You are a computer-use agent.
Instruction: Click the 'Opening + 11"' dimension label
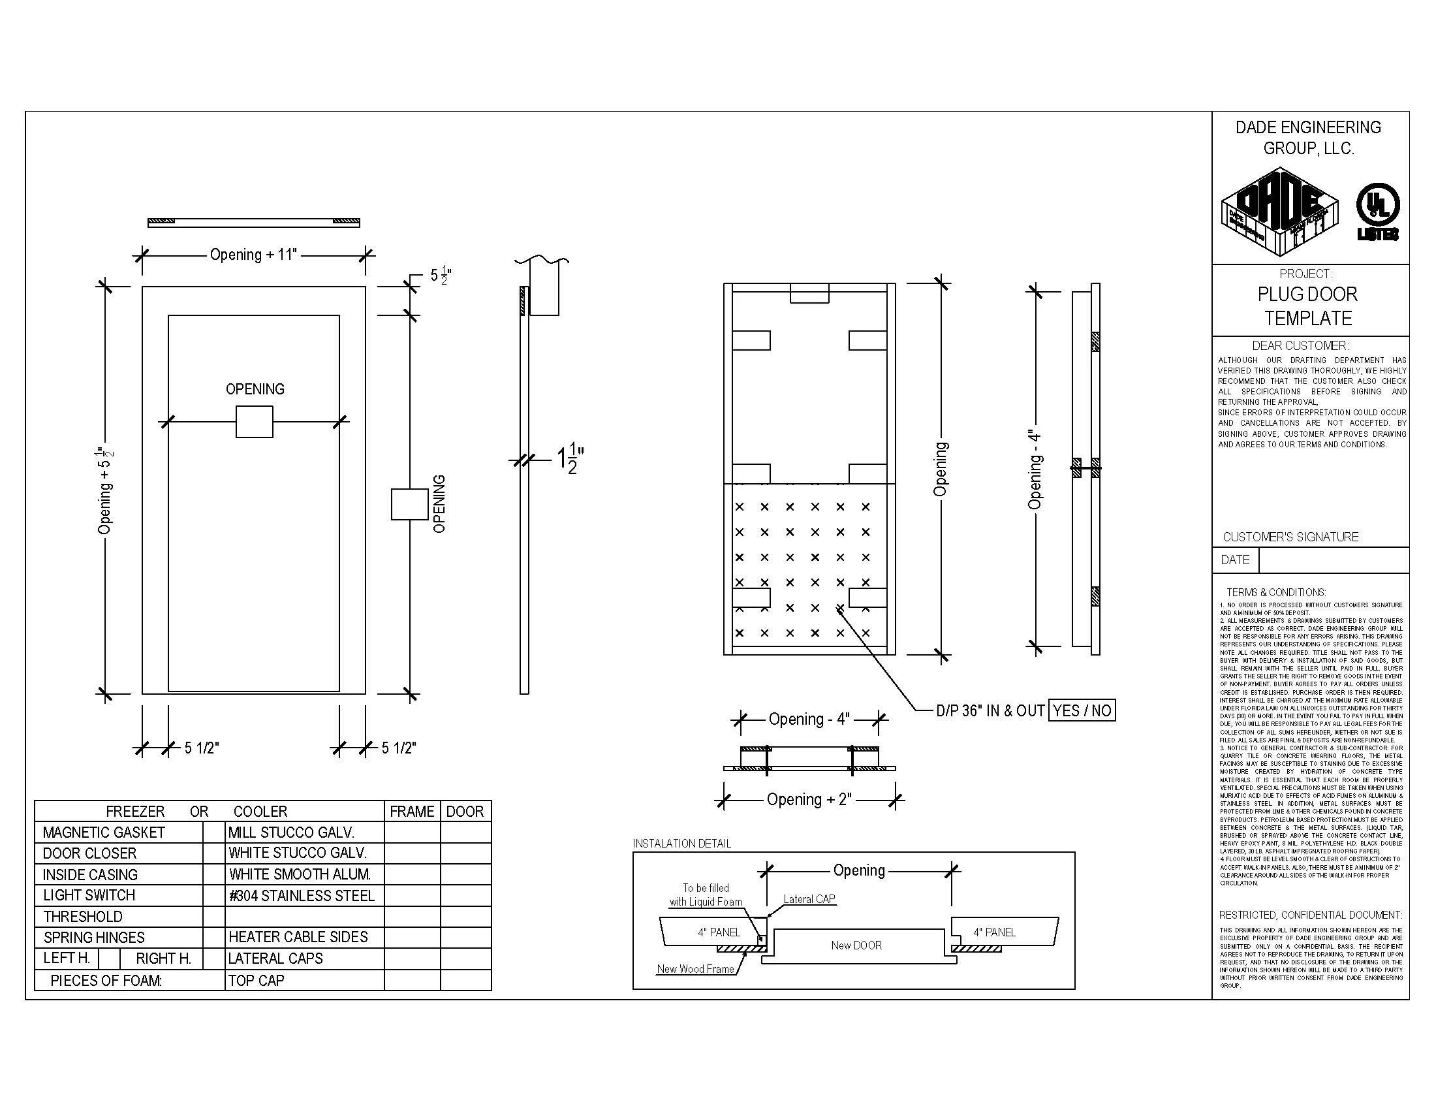coord(253,255)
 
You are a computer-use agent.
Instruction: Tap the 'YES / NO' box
coord(1082,710)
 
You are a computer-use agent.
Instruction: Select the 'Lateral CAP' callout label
coord(809,899)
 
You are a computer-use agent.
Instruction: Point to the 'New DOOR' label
coord(856,945)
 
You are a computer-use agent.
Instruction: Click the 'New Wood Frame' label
coord(695,968)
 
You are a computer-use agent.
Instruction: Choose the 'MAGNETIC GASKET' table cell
coord(104,832)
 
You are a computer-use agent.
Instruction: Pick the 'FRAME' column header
coord(412,812)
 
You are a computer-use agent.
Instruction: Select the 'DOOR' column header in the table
coord(465,812)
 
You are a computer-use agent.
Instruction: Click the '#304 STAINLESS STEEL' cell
coord(301,896)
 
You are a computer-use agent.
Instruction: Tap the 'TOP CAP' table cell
coord(257,981)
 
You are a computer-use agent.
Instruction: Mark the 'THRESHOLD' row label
coord(83,917)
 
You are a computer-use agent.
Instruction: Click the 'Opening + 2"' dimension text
coord(809,800)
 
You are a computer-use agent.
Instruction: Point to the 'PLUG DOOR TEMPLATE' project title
coord(1308,306)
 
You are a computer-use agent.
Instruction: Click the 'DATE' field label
coord(1235,560)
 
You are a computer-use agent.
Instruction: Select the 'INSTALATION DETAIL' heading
coord(682,844)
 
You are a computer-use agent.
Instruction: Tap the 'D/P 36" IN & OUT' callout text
coord(990,711)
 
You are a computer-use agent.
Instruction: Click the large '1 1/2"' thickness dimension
coord(570,458)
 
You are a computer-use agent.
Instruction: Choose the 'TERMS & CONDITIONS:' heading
coord(1275,592)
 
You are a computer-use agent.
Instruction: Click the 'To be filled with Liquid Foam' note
coord(706,895)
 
